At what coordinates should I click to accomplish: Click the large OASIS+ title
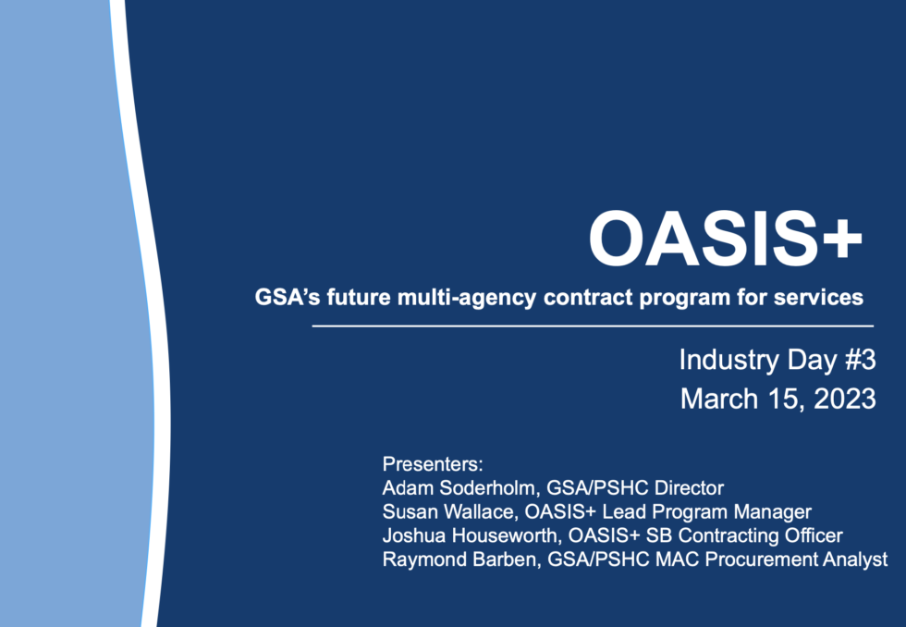tap(725, 239)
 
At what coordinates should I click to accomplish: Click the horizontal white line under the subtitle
tap(592, 326)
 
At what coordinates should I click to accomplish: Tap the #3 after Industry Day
tap(859, 360)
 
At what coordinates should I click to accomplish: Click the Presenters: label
tap(433, 463)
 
